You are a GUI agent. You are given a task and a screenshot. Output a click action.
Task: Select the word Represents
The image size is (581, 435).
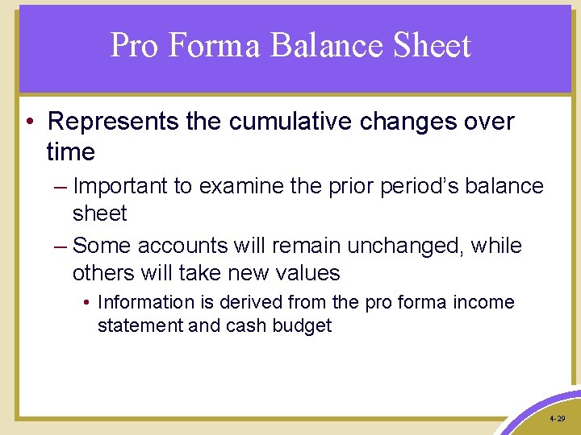(113, 122)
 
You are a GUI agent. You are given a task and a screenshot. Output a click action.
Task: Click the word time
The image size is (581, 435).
(71, 151)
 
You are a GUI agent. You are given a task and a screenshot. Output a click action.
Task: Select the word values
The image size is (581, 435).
(307, 273)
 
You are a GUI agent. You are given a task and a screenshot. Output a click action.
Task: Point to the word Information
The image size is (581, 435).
(146, 302)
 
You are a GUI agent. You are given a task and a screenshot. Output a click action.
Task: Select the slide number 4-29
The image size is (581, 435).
(557, 419)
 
